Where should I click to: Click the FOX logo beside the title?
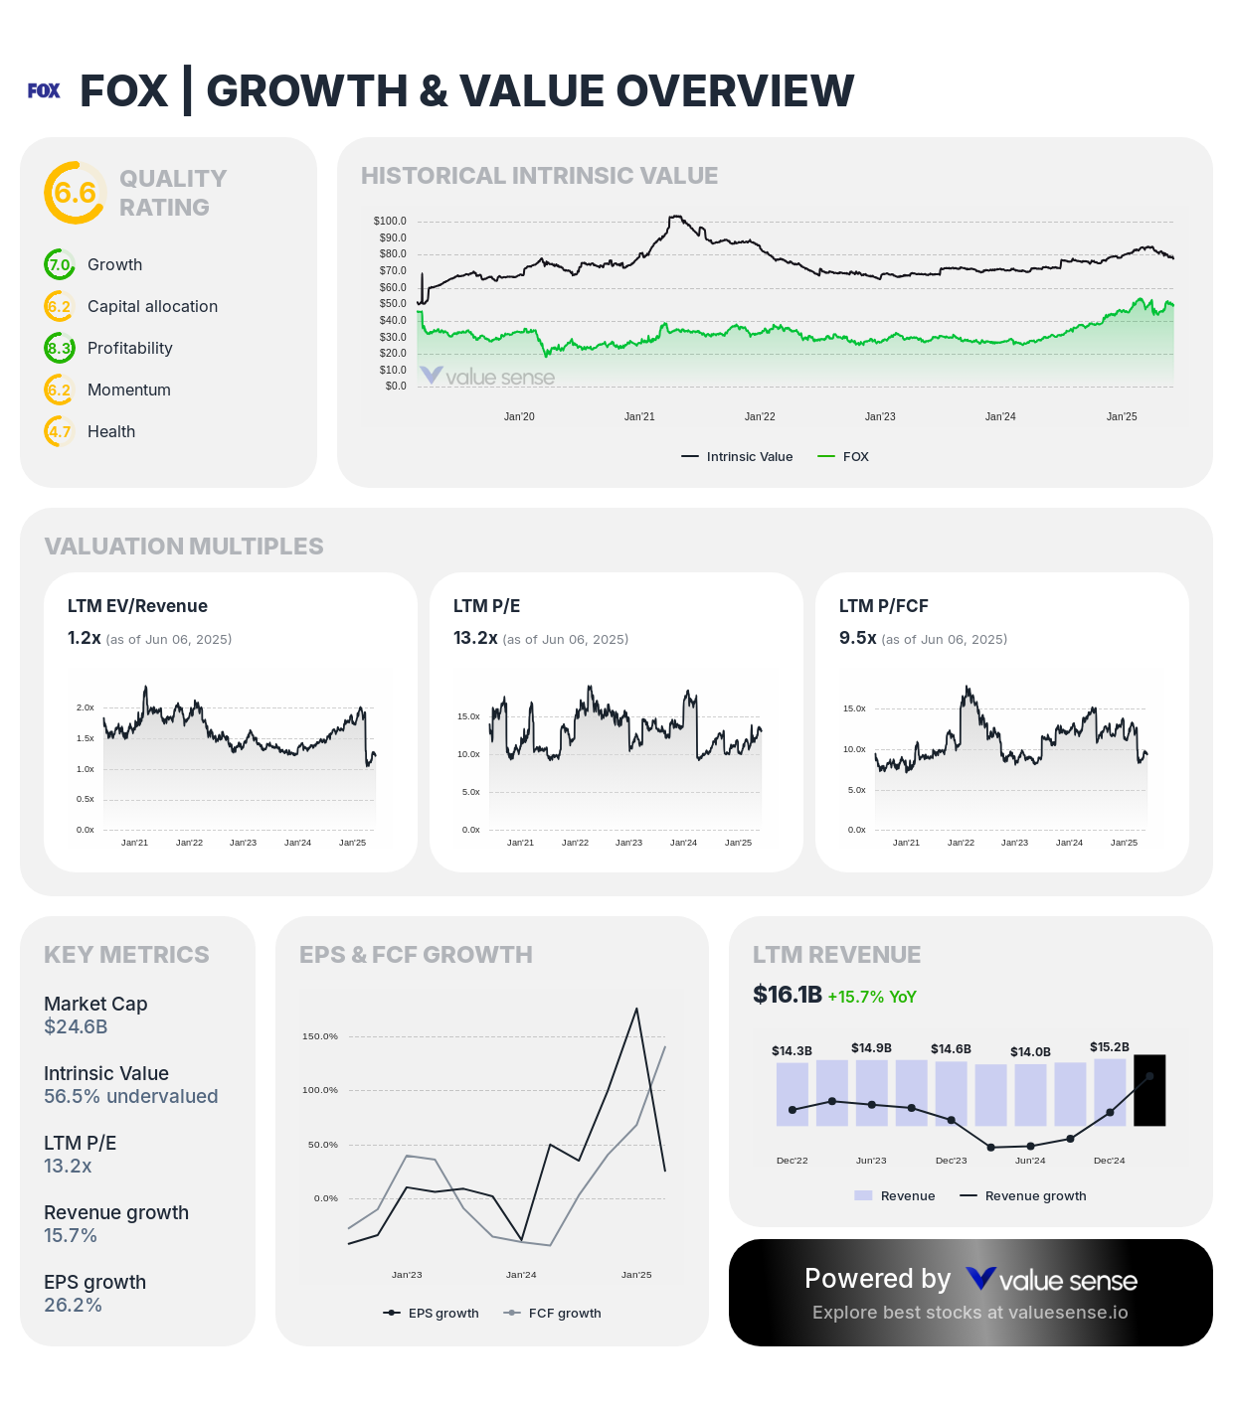(x=44, y=90)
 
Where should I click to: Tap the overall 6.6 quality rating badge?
(x=75, y=193)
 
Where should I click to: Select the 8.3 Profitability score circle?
(x=60, y=349)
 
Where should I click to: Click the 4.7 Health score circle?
(x=60, y=432)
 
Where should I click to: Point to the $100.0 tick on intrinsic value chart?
(x=390, y=221)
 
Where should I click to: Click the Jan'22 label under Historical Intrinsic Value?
(x=760, y=416)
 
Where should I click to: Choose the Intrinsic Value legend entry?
(x=738, y=457)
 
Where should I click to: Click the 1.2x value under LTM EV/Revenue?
(x=85, y=638)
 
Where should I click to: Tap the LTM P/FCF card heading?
(x=883, y=606)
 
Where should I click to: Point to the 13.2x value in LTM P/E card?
(x=475, y=638)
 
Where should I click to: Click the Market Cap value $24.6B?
(x=76, y=1026)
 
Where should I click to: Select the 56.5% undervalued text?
(x=130, y=1096)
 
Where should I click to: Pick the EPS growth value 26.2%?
(x=73, y=1305)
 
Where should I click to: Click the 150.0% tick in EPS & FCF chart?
(x=320, y=1036)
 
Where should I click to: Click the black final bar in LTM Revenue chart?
(x=1149, y=1090)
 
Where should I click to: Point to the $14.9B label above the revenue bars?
(x=871, y=1048)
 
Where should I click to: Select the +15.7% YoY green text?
(x=872, y=997)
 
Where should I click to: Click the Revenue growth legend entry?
(x=1023, y=1196)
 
